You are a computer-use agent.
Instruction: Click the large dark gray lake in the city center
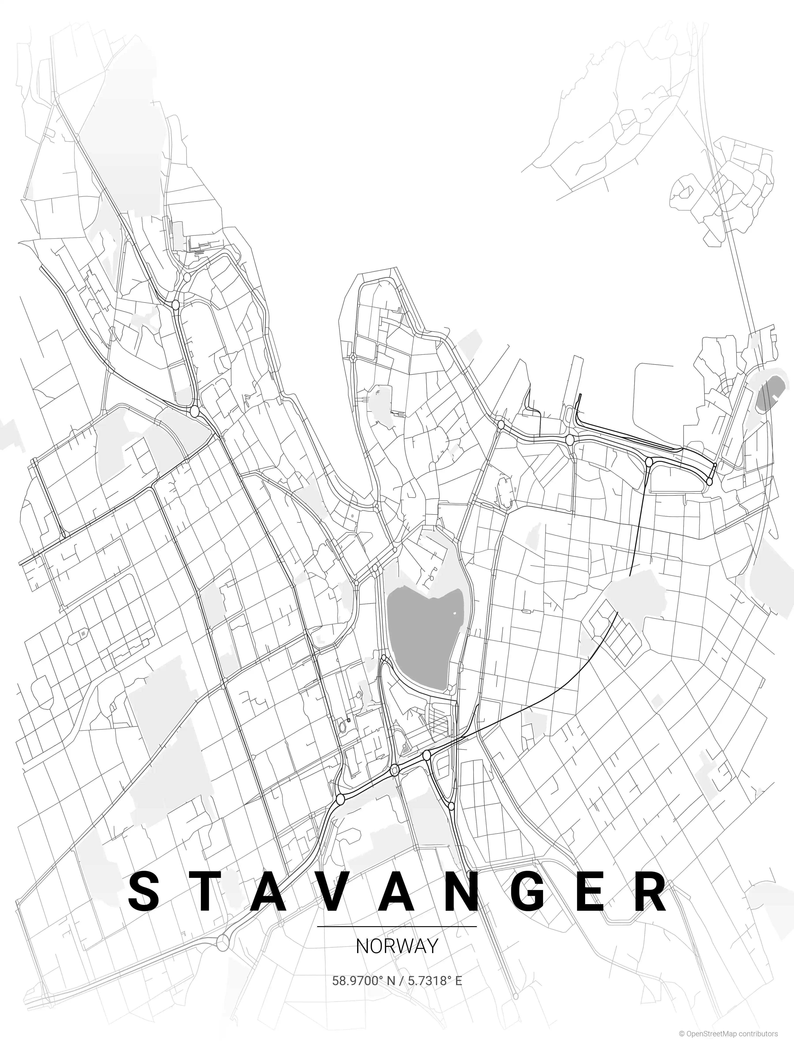[421, 637]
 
